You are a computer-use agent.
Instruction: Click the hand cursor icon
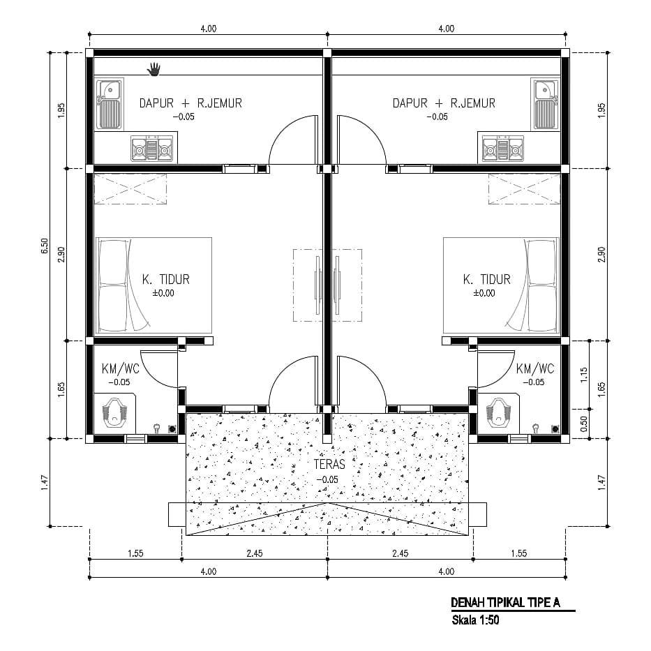pyautogui.click(x=154, y=69)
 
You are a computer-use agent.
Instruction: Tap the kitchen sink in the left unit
pyautogui.click(x=110, y=104)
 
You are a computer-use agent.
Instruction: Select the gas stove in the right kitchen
pyautogui.click(x=503, y=148)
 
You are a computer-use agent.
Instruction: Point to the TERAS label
pyautogui.click(x=329, y=464)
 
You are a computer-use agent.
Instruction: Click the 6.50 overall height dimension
pyautogui.click(x=45, y=246)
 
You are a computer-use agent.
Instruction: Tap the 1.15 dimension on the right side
pyautogui.click(x=584, y=375)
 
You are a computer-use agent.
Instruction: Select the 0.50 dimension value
pyautogui.click(x=584, y=424)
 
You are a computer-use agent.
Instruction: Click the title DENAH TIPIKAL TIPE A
pyautogui.click(x=505, y=602)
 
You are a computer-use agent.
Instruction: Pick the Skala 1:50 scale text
pyautogui.click(x=475, y=620)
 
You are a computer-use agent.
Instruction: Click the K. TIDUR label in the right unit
pyautogui.click(x=486, y=279)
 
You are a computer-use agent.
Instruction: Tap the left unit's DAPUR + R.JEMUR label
pyautogui.click(x=190, y=103)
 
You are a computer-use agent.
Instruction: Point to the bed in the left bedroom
pyautogui.click(x=154, y=285)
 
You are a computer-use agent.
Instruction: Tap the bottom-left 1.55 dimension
pyautogui.click(x=135, y=553)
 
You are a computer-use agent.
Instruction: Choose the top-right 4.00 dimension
pyautogui.click(x=447, y=29)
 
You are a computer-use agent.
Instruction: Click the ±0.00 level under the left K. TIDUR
pyautogui.click(x=163, y=293)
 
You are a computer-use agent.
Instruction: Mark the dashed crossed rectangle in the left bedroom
pyautogui.click(x=130, y=189)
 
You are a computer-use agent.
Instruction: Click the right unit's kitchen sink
pyautogui.click(x=544, y=104)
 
